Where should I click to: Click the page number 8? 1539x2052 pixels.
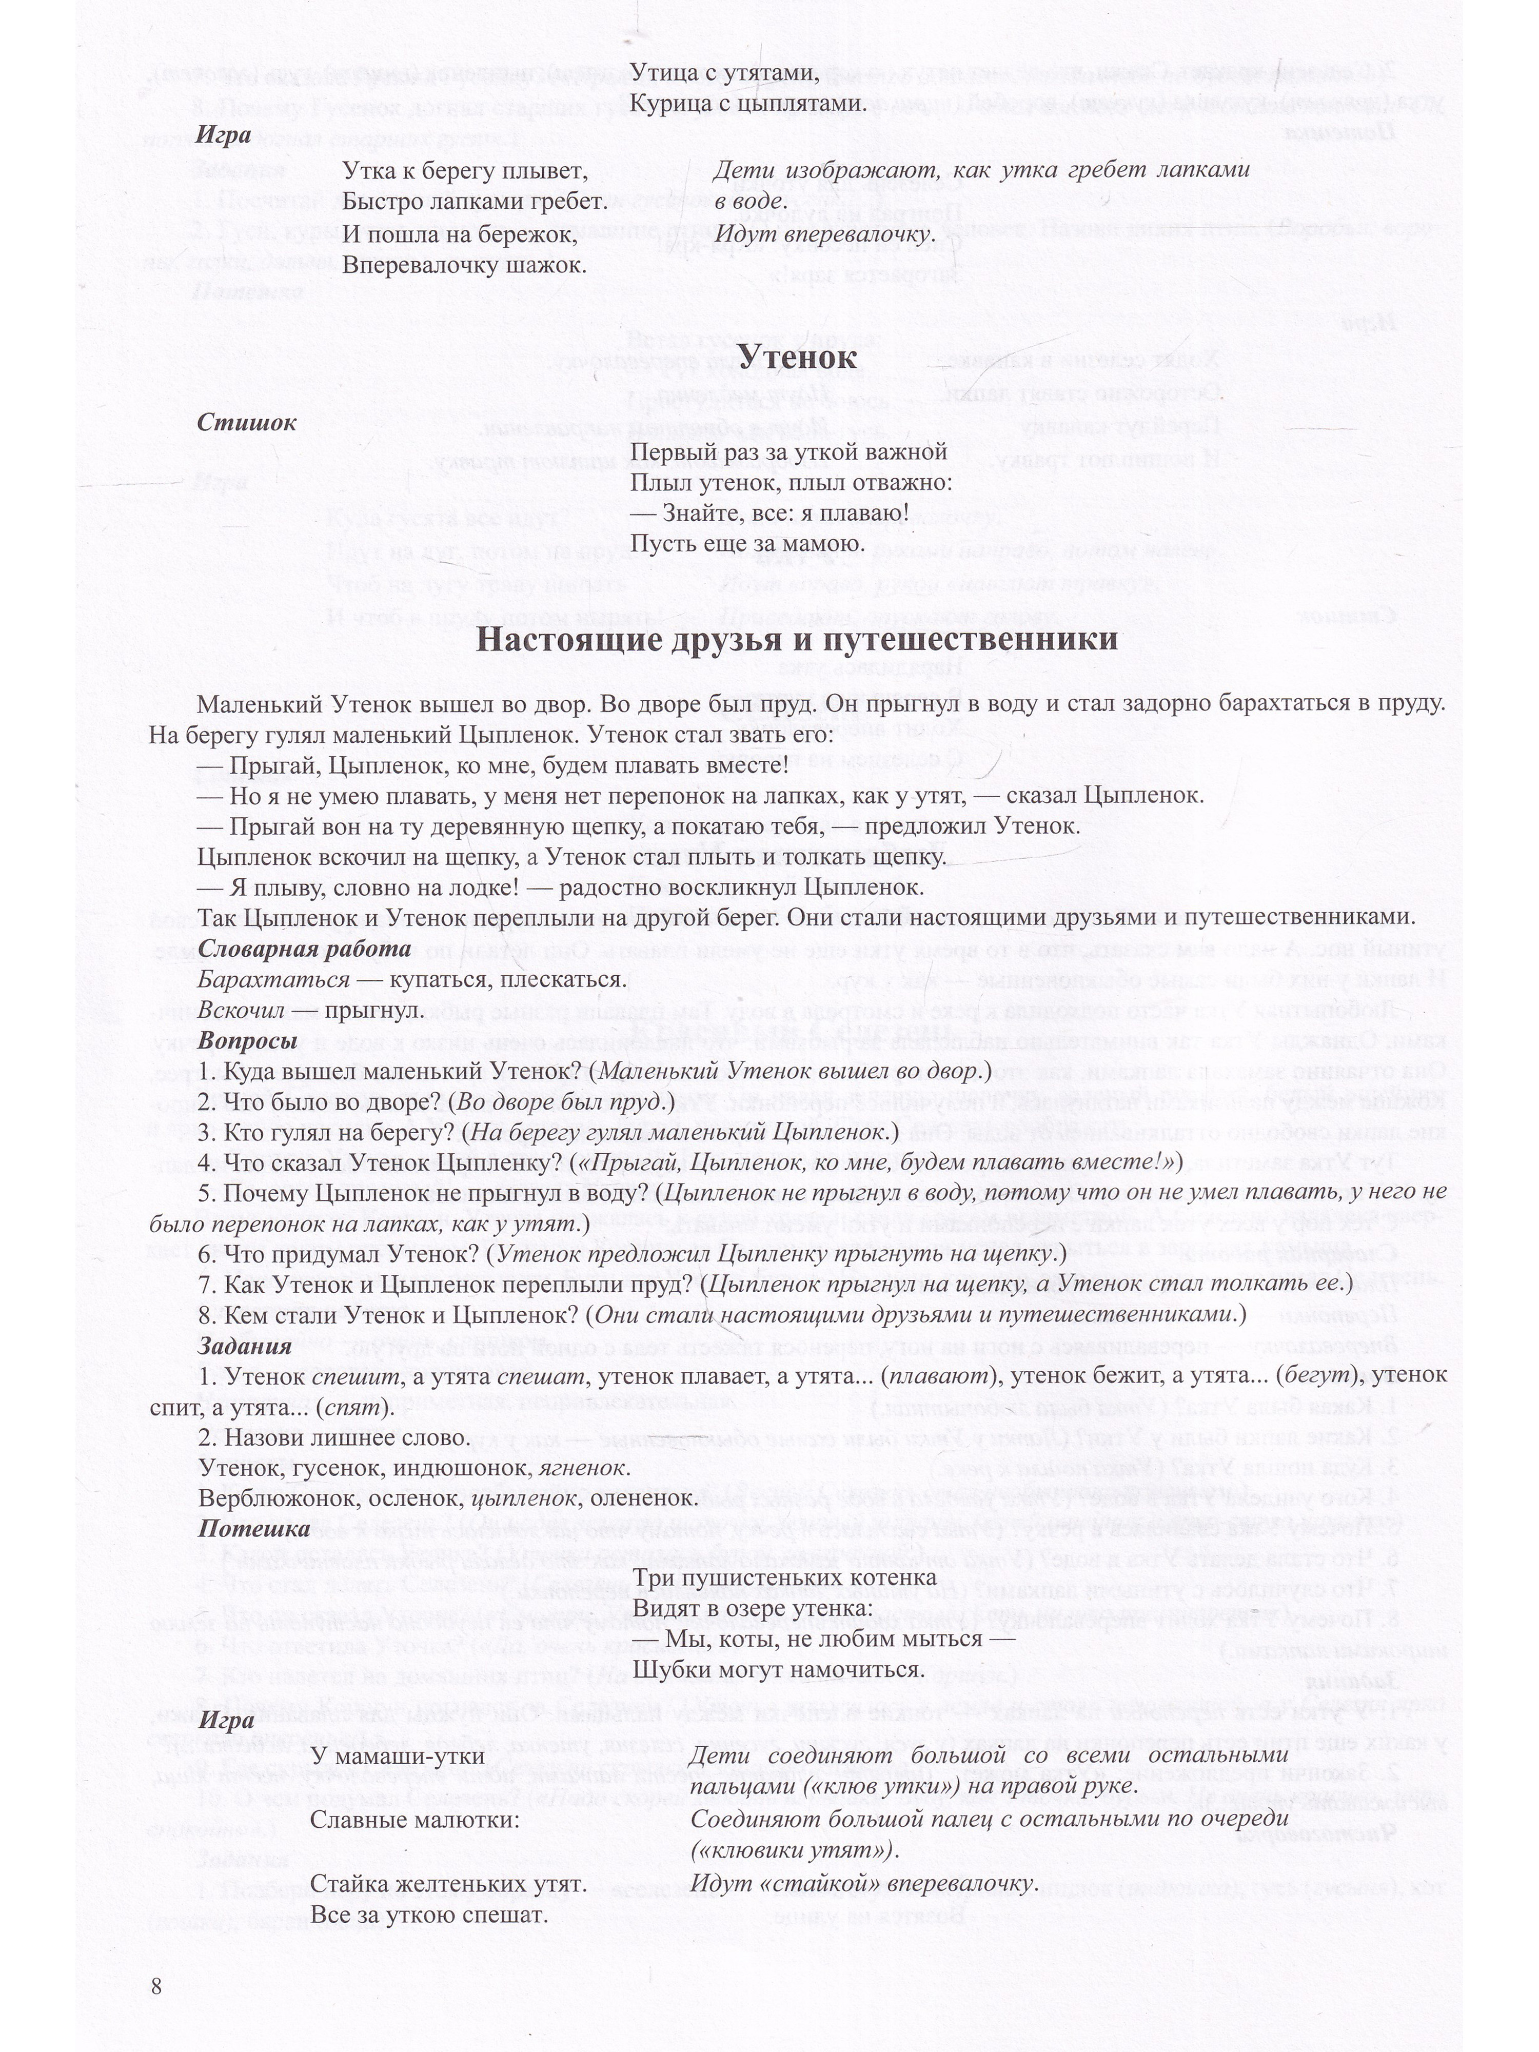pyautogui.click(x=156, y=1985)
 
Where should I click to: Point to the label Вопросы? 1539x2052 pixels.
pyautogui.click(x=248, y=1041)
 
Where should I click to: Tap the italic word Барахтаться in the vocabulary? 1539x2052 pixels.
pyautogui.click(x=273, y=980)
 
